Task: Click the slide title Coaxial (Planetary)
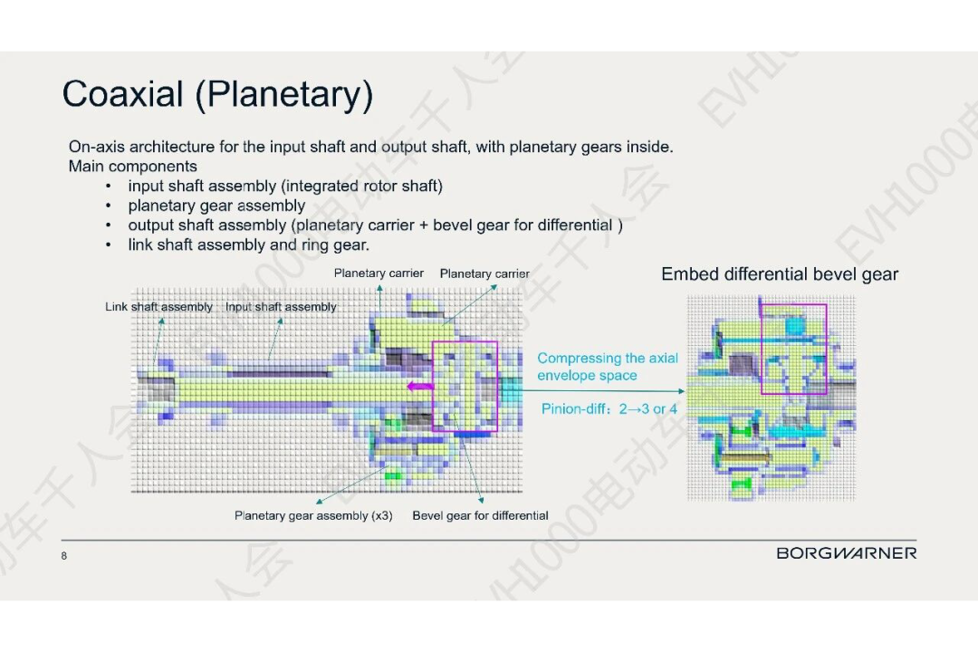tap(217, 94)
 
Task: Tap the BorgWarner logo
tap(847, 552)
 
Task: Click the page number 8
tap(63, 556)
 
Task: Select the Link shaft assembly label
tap(158, 307)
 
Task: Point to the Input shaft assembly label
tap(281, 307)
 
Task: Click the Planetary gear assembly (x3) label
tap(313, 515)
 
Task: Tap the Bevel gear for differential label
tap(480, 515)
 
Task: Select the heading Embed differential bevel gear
tap(780, 274)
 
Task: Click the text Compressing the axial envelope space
tap(608, 367)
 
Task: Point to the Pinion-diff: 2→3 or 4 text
tap(609, 409)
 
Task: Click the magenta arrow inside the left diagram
tap(420, 387)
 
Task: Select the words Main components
tap(133, 167)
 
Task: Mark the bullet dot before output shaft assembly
tap(109, 225)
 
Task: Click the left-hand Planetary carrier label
tap(379, 273)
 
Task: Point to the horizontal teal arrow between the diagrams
tap(602, 391)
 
